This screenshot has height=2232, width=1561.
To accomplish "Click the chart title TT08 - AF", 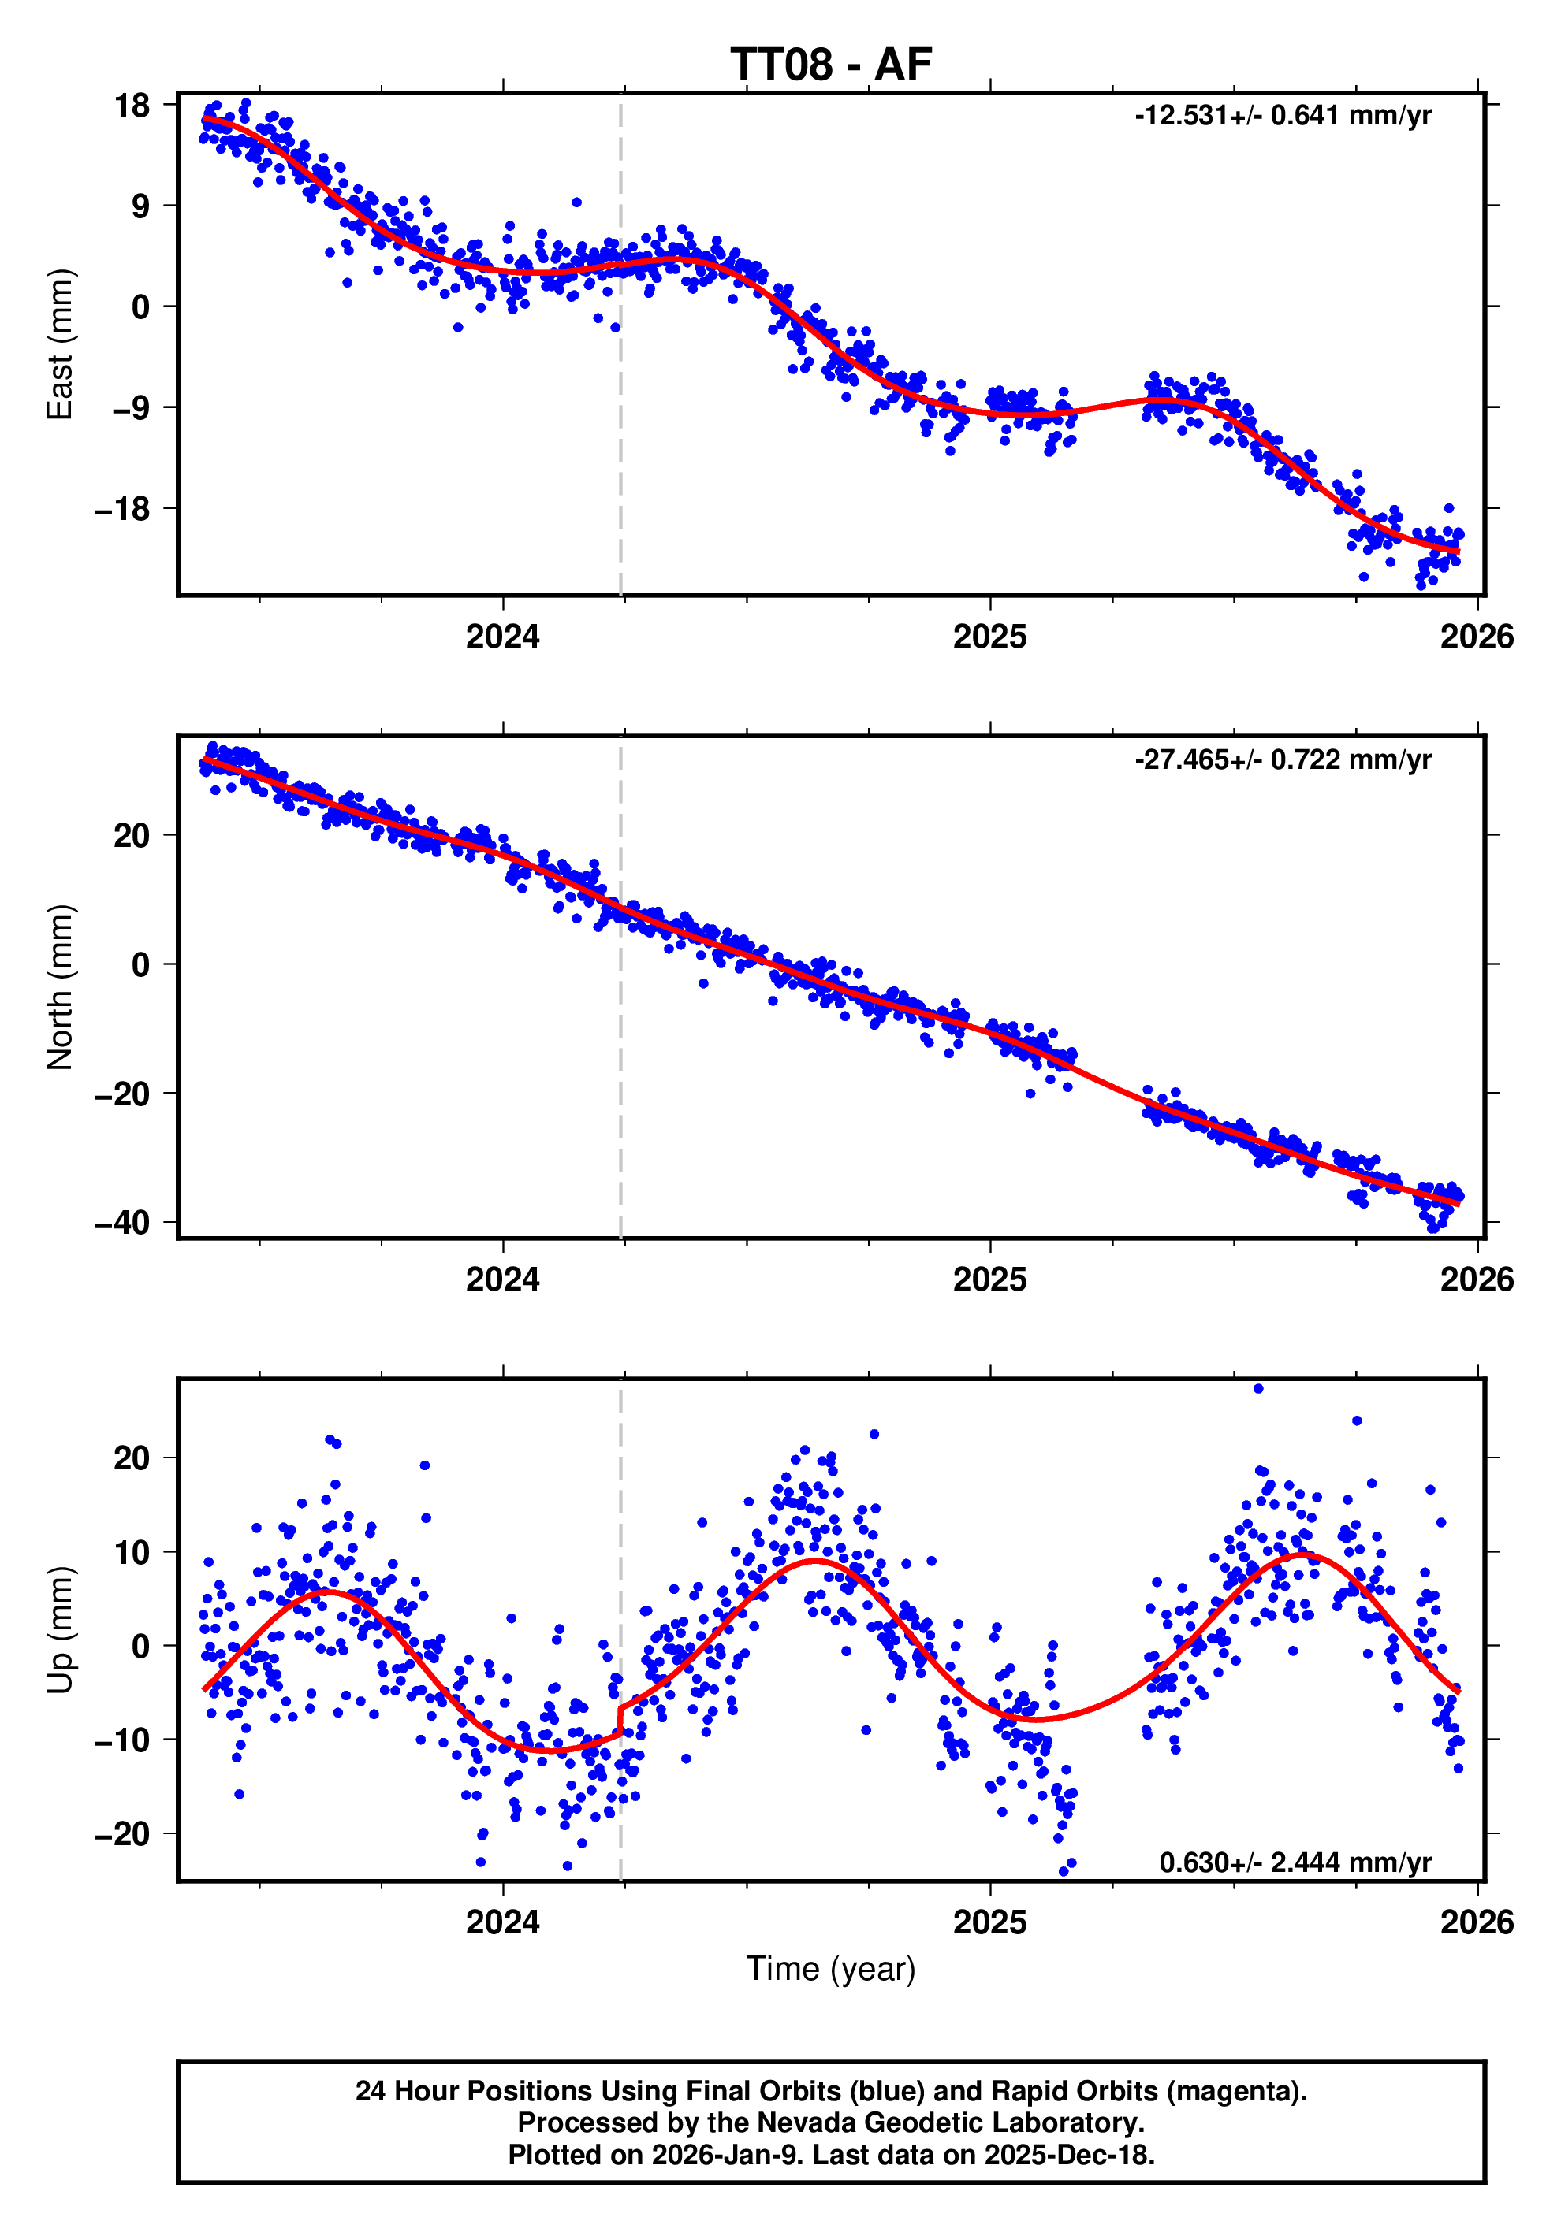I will pyautogui.click(x=831, y=64).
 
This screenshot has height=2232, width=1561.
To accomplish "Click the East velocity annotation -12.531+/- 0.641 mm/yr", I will pyautogui.click(x=1282, y=116).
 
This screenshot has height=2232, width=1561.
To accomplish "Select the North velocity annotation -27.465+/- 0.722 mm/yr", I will pyautogui.click(x=1282, y=759).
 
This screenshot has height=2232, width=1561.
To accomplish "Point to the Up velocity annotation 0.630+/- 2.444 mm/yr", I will pyautogui.click(x=1295, y=1862).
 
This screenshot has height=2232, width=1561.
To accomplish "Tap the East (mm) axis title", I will pyautogui.click(x=60, y=344).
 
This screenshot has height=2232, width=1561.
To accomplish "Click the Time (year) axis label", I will pyautogui.click(x=831, y=1969).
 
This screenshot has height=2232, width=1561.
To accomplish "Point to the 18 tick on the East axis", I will pyautogui.click(x=132, y=105).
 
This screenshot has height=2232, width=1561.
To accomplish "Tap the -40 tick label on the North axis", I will pyautogui.click(x=122, y=1222).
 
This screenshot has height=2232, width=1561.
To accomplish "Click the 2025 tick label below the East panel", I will pyautogui.click(x=989, y=637).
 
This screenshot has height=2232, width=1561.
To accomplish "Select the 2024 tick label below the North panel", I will pyautogui.click(x=502, y=1279).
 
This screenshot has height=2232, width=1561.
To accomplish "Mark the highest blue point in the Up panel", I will pyautogui.click(x=1257, y=1389).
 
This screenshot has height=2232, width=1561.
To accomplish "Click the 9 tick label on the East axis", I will pyautogui.click(x=141, y=206).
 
